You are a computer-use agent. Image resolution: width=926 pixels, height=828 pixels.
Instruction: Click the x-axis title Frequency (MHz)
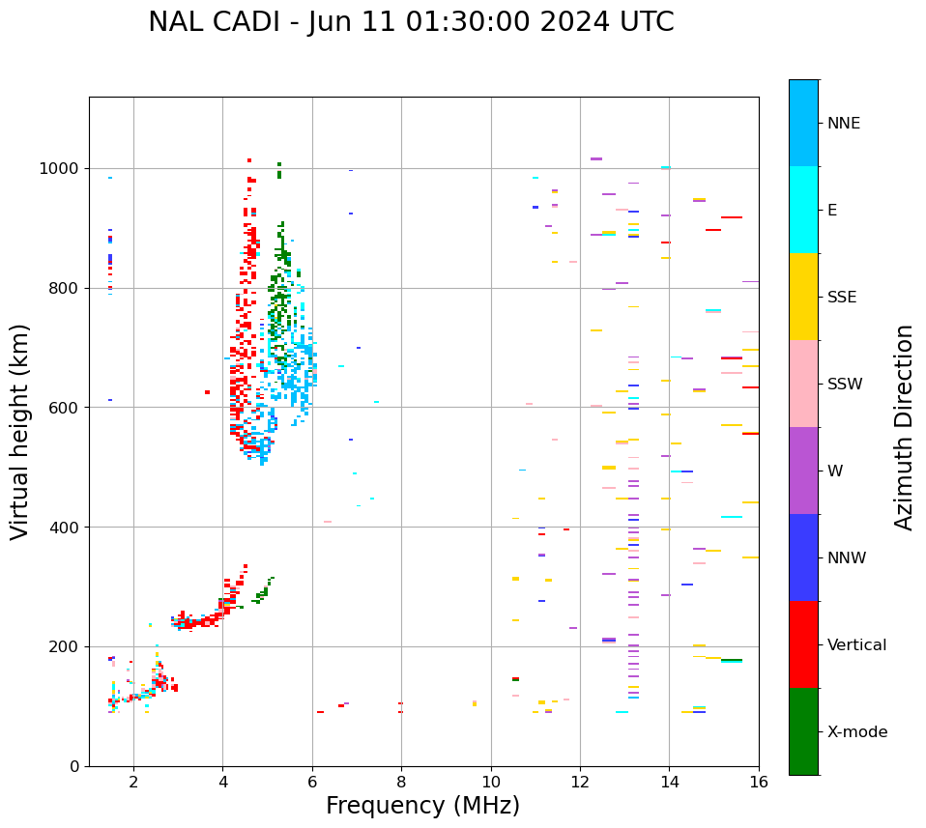click(x=422, y=806)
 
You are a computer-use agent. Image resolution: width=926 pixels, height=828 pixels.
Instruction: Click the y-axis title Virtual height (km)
click(x=20, y=431)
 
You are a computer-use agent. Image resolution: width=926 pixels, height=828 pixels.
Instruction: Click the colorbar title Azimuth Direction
click(x=904, y=427)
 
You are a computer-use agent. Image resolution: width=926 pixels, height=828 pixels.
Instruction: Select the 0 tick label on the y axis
click(x=74, y=766)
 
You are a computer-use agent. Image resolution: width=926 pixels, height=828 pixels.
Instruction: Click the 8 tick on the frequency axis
click(x=401, y=782)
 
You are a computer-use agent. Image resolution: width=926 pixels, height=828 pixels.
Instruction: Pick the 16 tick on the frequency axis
click(x=759, y=782)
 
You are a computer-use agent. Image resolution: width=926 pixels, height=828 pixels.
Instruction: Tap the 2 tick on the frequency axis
click(x=133, y=782)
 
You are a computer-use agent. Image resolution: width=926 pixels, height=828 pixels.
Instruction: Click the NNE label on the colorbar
click(x=843, y=124)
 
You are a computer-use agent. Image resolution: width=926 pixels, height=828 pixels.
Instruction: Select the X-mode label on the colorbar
click(x=857, y=732)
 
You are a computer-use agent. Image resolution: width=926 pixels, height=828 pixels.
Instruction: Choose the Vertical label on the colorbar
click(x=856, y=645)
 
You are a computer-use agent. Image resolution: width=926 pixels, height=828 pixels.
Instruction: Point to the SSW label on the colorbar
click(x=845, y=385)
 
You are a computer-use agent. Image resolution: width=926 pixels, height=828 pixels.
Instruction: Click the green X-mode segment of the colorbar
click(x=803, y=731)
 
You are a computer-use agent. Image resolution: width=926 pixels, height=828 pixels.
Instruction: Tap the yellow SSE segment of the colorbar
click(x=803, y=297)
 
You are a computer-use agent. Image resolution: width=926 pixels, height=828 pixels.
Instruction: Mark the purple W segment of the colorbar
click(x=803, y=471)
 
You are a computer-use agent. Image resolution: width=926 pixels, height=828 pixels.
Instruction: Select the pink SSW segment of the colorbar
click(x=803, y=384)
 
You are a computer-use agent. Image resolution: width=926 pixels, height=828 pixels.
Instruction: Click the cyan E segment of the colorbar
click(x=803, y=210)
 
